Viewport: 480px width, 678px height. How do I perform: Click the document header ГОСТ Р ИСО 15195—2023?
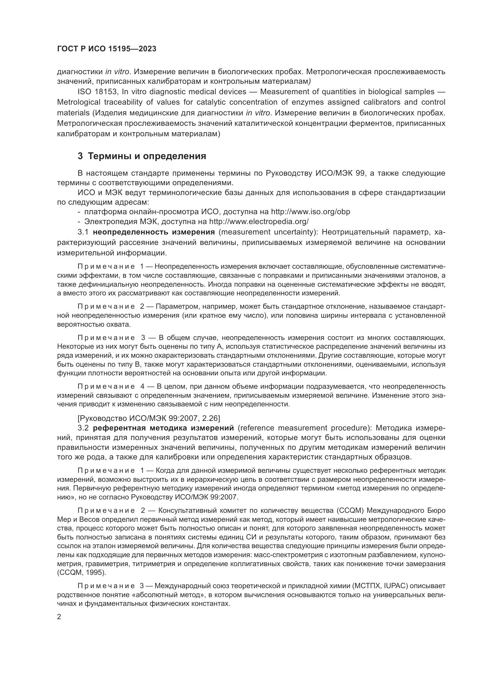click(107, 49)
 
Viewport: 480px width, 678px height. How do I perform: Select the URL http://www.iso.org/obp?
click(310, 212)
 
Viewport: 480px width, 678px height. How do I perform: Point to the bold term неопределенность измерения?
click(154, 232)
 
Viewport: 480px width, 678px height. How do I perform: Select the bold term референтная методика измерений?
click(163, 428)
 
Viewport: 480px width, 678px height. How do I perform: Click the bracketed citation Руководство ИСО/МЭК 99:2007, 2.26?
click(149, 418)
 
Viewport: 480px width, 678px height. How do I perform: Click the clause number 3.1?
click(83, 232)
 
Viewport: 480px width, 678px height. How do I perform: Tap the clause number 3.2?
click(83, 428)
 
